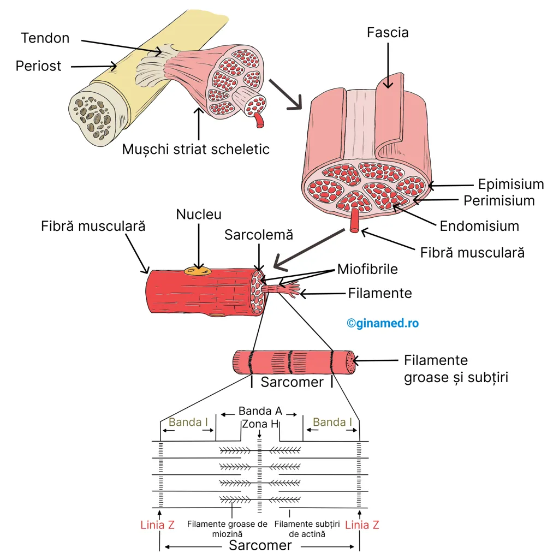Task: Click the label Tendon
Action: click(45, 38)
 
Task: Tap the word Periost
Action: click(38, 66)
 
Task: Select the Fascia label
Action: click(388, 32)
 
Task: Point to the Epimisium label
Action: click(511, 185)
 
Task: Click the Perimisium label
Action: click(499, 201)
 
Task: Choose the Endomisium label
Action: click(479, 226)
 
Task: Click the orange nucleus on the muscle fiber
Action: click(198, 272)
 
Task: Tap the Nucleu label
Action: click(199, 214)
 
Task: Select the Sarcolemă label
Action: click(258, 235)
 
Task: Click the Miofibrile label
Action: click(367, 269)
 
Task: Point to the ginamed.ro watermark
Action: click(383, 323)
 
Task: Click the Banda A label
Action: click(260, 411)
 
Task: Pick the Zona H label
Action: click(259, 424)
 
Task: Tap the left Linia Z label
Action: click(157, 525)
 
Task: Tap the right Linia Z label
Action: click(362, 525)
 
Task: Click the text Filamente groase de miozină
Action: click(227, 529)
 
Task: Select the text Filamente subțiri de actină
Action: click(307, 529)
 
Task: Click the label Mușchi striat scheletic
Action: click(196, 150)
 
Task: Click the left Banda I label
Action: click(188, 422)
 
